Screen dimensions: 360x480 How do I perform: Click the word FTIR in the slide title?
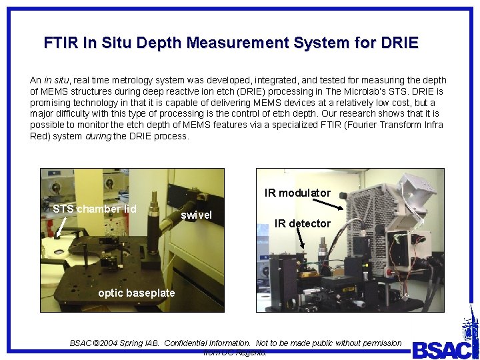(x=61, y=44)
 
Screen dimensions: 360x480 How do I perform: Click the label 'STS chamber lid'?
(x=94, y=209)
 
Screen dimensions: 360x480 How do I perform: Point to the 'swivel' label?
(x=196, y=215)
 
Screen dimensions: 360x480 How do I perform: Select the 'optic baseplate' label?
(x=136, y=293)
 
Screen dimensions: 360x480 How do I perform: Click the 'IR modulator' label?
(x=297, y=193)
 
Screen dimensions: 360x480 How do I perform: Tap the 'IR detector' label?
(x=302, y=224)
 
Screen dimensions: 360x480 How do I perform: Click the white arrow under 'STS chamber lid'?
(x=61, y=229)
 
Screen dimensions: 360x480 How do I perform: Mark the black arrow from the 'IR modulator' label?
(x=342, y=195)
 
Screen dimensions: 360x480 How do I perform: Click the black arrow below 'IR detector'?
(x=302, y=241)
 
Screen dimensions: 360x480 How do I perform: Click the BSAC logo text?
(x=443, y=349)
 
